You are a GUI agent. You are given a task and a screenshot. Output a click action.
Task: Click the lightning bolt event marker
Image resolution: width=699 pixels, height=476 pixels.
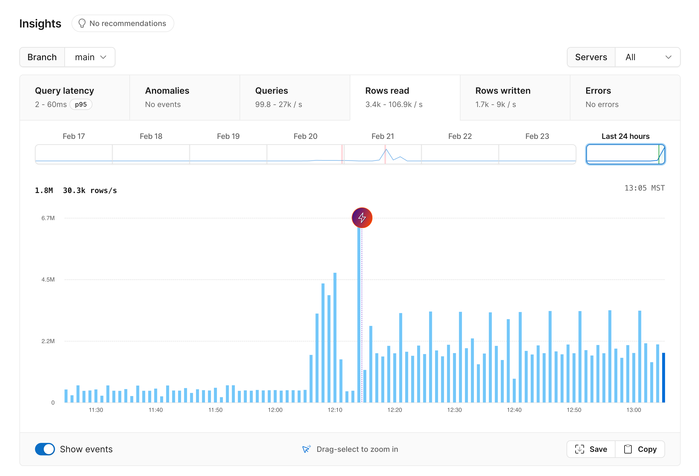coord(362,218)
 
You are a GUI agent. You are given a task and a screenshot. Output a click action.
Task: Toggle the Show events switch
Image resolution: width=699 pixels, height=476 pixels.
coord(45,449)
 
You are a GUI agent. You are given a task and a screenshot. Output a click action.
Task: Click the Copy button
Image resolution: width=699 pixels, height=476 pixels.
coord(640,449)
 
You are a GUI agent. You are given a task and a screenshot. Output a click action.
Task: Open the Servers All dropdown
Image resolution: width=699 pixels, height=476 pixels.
coord(648,57)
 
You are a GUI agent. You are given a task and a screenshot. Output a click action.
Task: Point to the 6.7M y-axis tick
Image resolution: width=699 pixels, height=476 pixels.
coord(48,218)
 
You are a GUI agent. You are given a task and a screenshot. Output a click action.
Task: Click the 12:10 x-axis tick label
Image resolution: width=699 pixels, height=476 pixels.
coord(335,410)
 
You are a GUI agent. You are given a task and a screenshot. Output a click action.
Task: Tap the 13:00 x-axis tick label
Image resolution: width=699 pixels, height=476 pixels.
coord(633,410)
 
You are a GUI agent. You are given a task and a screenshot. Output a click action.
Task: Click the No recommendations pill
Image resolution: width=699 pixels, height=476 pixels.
coord(123,24)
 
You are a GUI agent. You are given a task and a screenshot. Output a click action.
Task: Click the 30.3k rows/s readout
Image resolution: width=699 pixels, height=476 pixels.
coord(90,190)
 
